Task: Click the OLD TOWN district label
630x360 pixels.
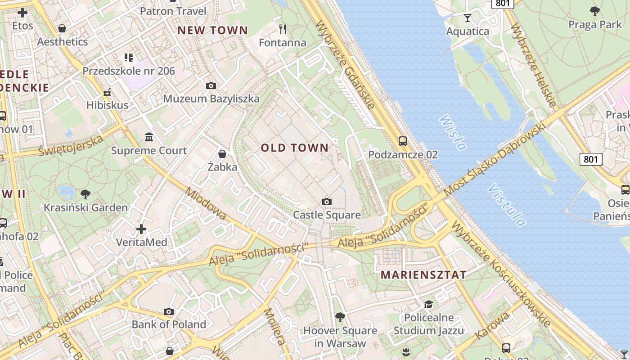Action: point(295,148)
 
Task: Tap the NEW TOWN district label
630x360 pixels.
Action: point(212,31)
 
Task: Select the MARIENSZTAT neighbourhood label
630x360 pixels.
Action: point(423,275)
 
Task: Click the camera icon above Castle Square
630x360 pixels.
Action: point(327,202)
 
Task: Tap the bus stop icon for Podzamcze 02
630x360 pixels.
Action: point(403,141)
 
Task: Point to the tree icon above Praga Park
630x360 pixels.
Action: point(595,11)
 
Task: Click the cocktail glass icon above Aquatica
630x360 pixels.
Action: point(468,18)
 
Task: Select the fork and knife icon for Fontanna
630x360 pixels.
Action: point(283,29)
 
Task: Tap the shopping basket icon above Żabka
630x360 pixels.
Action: point(222,154)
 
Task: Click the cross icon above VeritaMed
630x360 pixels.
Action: point(141,229)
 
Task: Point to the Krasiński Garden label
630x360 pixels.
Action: point(85,207)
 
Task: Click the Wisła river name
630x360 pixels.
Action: point(452,132)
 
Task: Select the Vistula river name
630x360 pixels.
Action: point(506,205)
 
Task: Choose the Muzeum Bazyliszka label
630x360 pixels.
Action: point(211,99)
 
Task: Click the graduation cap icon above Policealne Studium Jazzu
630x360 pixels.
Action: point(428,305)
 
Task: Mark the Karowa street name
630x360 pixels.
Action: point(492,326)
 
